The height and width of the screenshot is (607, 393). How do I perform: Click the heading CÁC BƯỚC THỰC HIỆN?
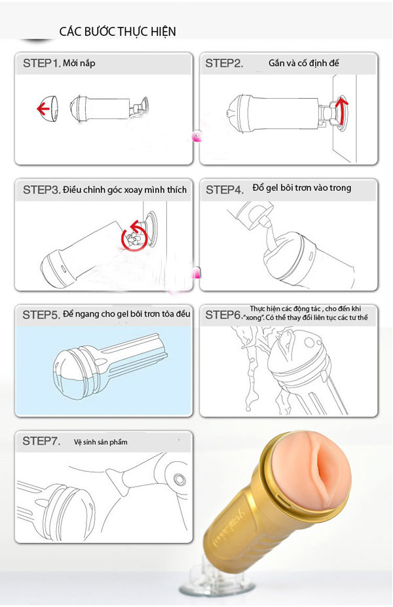(117, 31)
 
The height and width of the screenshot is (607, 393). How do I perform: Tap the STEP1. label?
(42, 63)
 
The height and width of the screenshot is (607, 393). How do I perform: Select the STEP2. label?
(224, 63)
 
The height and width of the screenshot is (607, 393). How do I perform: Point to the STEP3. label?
(42, 190)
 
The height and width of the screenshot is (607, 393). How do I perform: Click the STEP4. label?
(225, 190)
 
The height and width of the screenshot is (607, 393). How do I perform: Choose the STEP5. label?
(41, 315)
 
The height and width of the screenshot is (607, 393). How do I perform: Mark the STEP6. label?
(224, 315)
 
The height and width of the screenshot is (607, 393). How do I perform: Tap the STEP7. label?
(41, 441)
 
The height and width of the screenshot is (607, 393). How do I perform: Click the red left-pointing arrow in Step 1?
(43, 109)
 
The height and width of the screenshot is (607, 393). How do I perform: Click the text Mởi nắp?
(79, 63)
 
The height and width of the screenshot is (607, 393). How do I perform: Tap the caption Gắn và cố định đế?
(304, 63)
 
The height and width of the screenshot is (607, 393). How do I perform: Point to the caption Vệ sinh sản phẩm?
(100, 442)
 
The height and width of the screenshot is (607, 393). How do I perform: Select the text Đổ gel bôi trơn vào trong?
(301, 188)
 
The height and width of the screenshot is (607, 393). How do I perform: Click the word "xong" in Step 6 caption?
(254, 318)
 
